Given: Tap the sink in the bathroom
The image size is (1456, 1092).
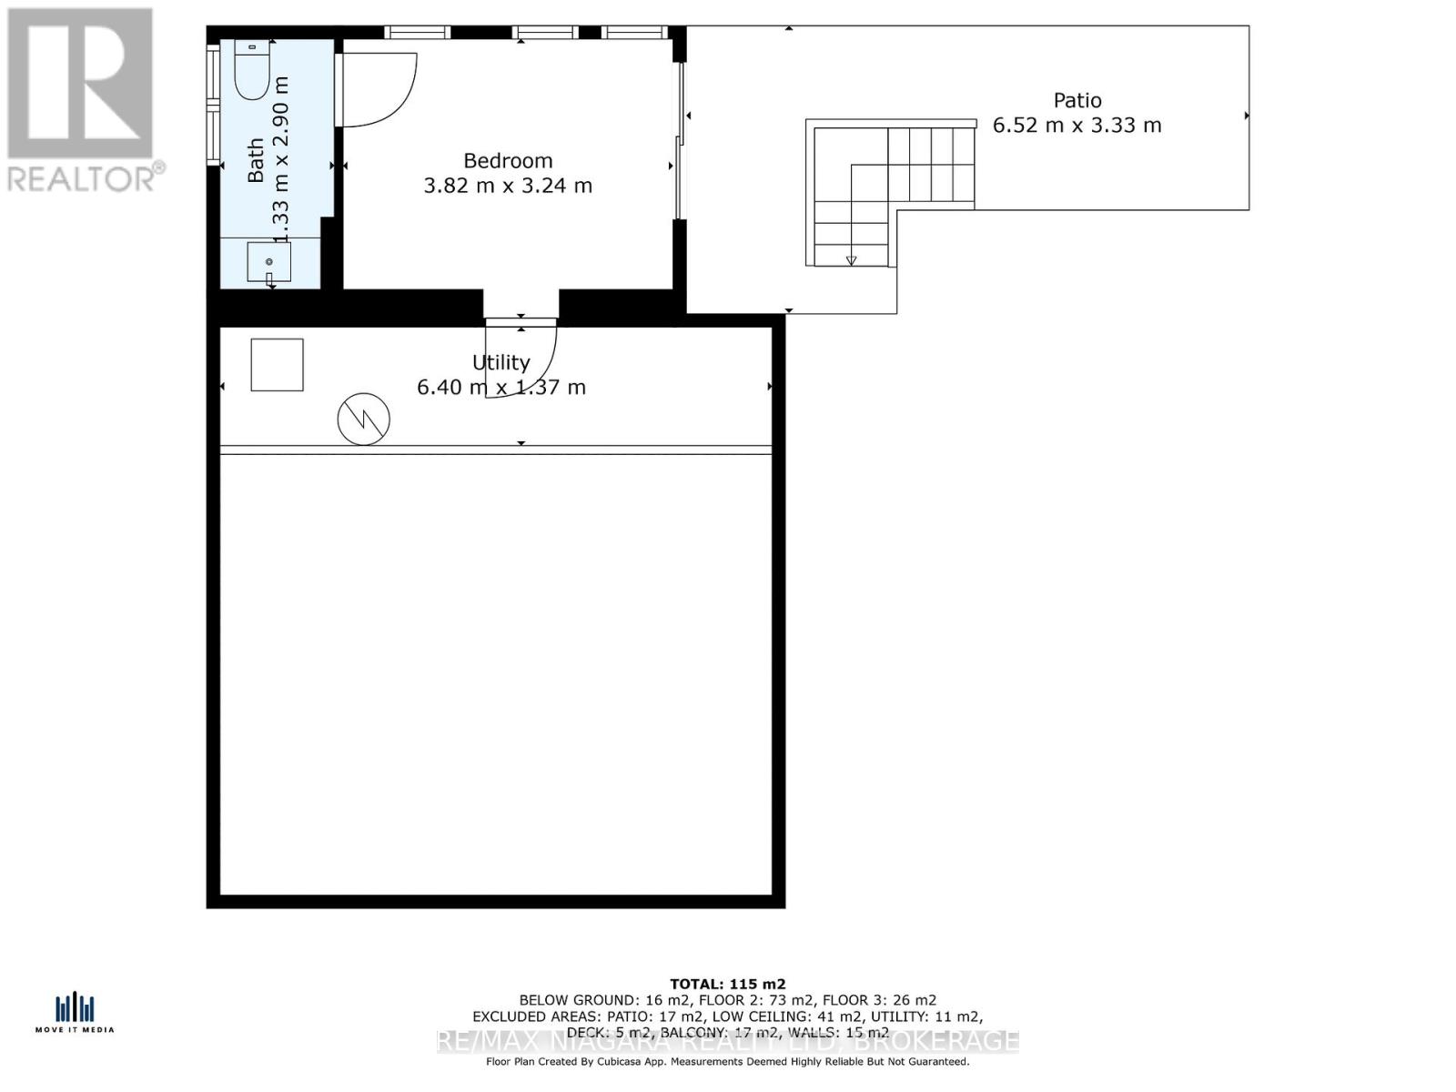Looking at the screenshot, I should [x=269, y=262].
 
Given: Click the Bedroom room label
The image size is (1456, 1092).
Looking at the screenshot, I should [x=508, y=161].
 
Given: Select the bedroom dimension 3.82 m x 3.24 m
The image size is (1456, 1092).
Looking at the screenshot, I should [x=508, y=186].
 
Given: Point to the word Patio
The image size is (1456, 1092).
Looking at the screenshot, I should [x=1077, y=100].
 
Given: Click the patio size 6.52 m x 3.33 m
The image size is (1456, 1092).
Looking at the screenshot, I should [x=1077, y=126].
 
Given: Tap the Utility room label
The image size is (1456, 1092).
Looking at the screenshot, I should [x=500, y=362].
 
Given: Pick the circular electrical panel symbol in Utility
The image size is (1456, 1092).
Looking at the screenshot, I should [x=364, y=420].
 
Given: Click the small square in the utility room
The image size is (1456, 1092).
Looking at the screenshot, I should [x=277, y=365].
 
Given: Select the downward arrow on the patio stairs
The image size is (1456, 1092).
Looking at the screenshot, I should [x=851, y=259].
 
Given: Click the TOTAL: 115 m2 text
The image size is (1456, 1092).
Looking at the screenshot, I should [x=727, y=984].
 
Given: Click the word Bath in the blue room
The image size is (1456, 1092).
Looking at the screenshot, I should [x=256, y=160].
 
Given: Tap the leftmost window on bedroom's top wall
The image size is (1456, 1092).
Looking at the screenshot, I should [x=418, y=33].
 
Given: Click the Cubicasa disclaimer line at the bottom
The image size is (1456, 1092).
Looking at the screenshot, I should [x=727, y=1061].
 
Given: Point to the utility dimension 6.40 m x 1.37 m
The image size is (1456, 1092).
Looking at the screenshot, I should [x=500, y=388].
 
